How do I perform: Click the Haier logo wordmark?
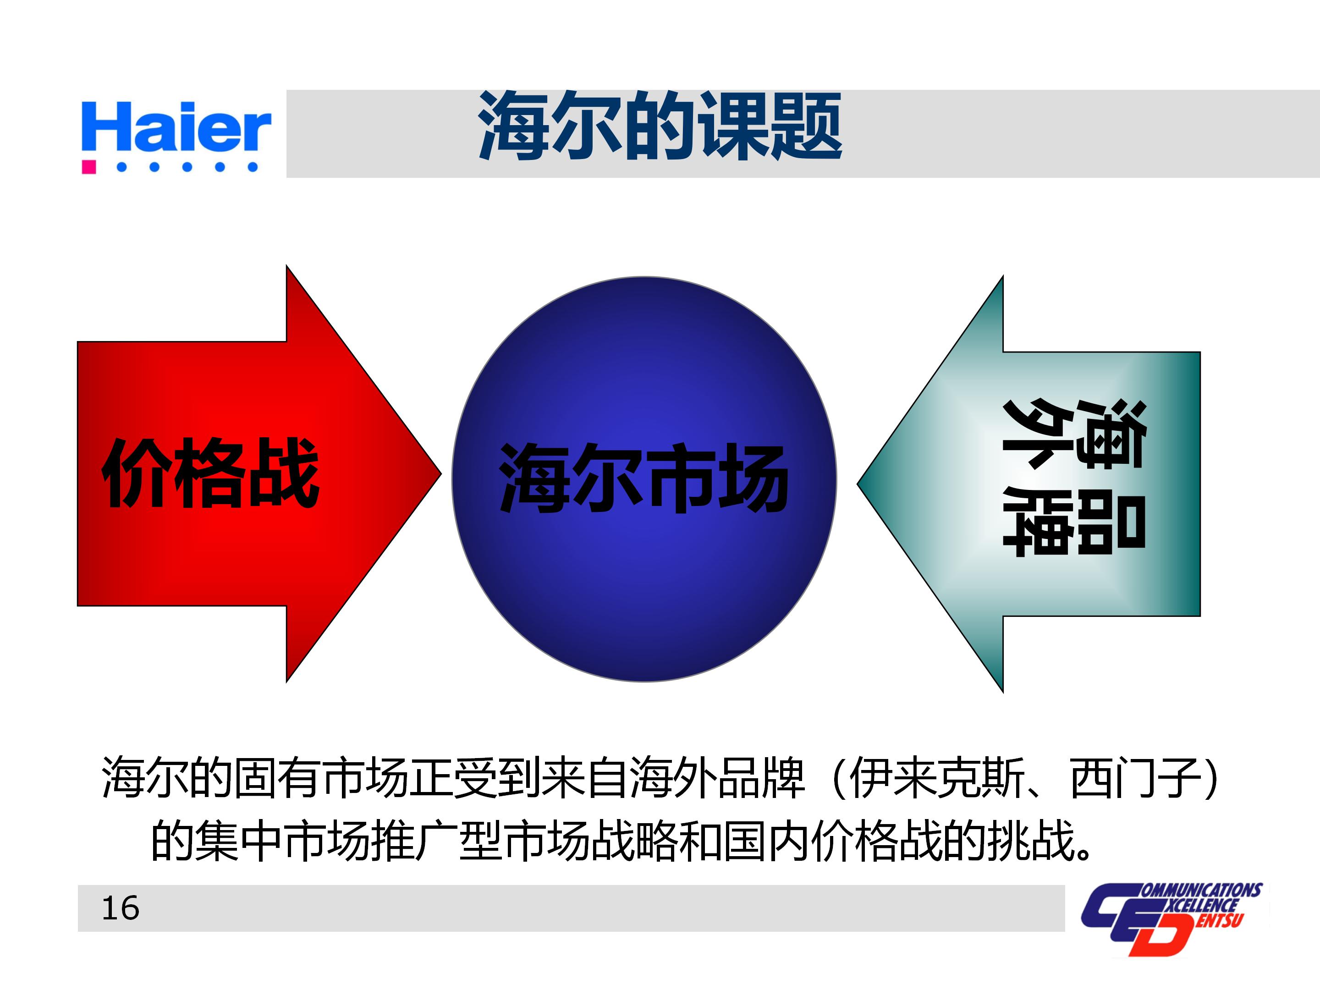click(x=176, y=127)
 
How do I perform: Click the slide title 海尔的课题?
click(x=660, y=126)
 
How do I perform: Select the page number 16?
click(x=120, y=909)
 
